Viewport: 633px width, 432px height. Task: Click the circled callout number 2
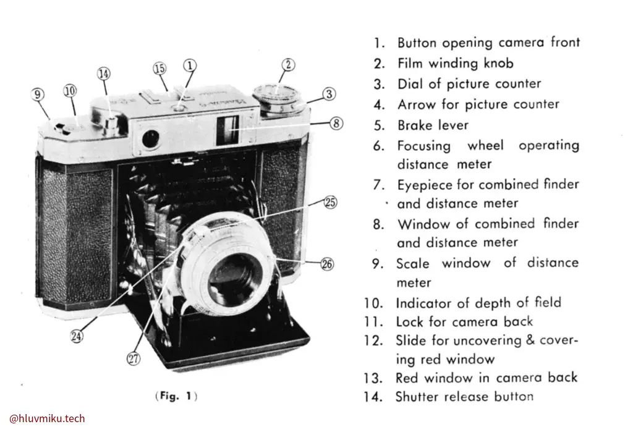pos(288,64)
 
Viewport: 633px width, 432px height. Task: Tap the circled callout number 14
pos(103,74)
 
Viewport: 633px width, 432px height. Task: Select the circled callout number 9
pos(38,94)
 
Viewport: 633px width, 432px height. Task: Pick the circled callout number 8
pos(336,123)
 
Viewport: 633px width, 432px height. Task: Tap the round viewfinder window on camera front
pos(150,139)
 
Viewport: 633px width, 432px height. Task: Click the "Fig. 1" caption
pos(179,396)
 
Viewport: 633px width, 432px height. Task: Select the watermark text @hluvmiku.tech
pos(48,418)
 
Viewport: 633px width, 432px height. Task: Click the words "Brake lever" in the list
pos(433,125)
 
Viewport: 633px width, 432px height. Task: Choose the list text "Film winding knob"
pos(455,63)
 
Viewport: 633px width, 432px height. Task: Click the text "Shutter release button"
pos(464,396)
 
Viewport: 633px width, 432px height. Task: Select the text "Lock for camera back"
pos(464,321)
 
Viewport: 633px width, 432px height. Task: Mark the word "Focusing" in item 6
pos(423,146)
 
